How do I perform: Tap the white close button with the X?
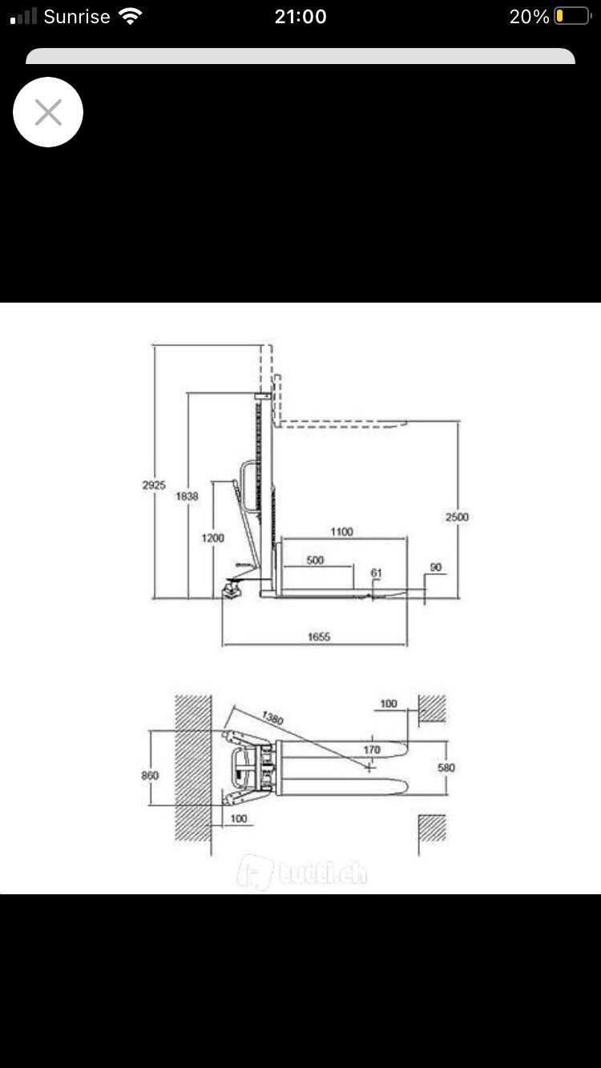(48, 112)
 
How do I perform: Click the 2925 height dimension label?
(154, 485)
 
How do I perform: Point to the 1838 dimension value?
(187, 496)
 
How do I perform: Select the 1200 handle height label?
(212, 538)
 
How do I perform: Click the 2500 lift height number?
(457, 517)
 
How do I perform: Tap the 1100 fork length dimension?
(342, 532)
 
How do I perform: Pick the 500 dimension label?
(315, 560)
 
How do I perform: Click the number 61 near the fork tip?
(376, 572)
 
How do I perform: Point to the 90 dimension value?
(435, 567)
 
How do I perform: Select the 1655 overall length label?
(319, 636)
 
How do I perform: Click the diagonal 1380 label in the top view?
(272, 717)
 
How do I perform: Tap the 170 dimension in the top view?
(372, 749)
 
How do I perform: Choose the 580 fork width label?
(446, 767)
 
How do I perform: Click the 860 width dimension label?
(150, 775)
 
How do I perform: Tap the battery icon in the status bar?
(573, 17)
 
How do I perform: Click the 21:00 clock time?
(300, 17)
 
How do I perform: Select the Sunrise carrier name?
(77, 17)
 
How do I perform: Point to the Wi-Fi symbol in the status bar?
(130, 16)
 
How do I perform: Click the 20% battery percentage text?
(530, 17)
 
